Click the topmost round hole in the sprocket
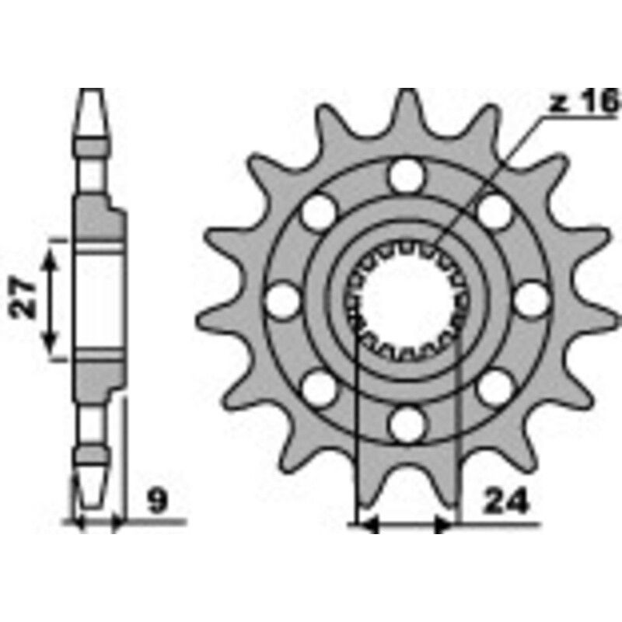click(407, 176)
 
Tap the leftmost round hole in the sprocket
click(282, 299)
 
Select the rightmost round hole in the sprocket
click(531, 299)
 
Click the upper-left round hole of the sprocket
click(319, 211)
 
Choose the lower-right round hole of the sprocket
click(494, 387)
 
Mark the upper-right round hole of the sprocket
click(494, 211)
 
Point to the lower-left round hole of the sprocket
click(319, 387)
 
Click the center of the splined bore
click(407, 299)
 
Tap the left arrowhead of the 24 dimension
click(365, 526)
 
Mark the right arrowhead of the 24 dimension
click(446, 526)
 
